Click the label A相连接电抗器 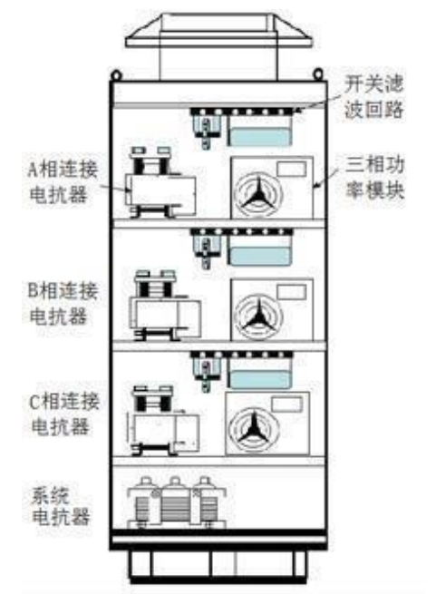(63, 182)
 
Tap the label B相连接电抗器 (63, 303)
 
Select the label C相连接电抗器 (64, 414)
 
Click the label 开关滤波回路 (373, 97)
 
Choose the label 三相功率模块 (375, 178)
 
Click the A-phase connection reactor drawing (160, 182)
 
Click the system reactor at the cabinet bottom (177, 503)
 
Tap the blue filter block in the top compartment (260, 137)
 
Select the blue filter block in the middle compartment (260, 257)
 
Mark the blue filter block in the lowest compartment (260, 379)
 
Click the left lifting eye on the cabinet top (115, 73)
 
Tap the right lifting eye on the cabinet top (318, 73)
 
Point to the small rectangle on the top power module (291, 169)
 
